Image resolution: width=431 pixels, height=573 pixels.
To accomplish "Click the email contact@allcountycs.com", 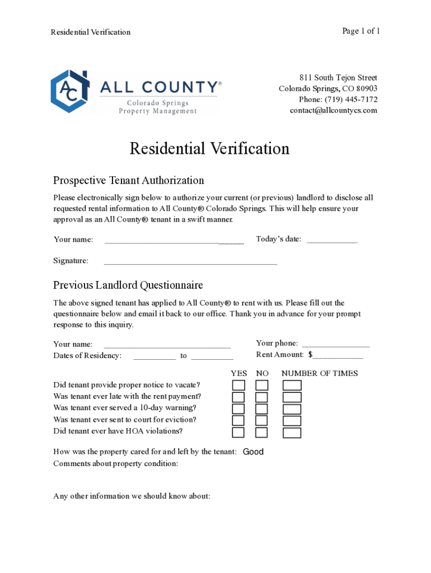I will point(333,110).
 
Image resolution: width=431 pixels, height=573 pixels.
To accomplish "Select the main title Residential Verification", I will point(209,149).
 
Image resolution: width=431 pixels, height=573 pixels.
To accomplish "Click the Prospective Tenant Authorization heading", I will point(128,180).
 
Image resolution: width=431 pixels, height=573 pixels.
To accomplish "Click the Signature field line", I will point(190,261).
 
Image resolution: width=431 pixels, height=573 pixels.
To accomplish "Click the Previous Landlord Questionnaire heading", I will point(128,285).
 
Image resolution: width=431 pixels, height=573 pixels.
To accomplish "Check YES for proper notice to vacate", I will point(238,386).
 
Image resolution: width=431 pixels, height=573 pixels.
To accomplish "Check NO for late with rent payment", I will point(262,397).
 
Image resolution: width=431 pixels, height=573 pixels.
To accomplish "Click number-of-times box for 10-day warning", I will point(292,409).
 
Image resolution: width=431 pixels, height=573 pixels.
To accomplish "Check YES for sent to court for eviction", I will point(238,421).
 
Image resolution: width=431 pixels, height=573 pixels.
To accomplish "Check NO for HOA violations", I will point(262,433).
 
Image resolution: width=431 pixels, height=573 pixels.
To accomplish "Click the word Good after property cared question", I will point(253,452).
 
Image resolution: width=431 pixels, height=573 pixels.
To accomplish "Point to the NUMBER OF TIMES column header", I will point(319,373).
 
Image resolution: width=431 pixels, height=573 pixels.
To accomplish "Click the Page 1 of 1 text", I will point(361,31).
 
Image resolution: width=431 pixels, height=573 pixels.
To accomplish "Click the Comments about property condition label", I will point(116,463).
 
